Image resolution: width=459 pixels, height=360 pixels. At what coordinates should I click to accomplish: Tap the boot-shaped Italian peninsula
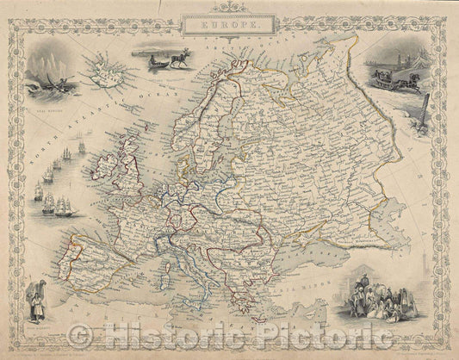pos(211,270)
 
